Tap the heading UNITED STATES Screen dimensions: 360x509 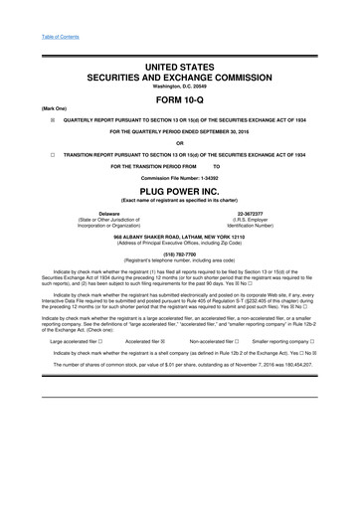point(180,65)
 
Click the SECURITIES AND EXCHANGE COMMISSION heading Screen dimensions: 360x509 point(180,76)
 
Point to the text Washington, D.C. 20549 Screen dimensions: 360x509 point(180,85)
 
